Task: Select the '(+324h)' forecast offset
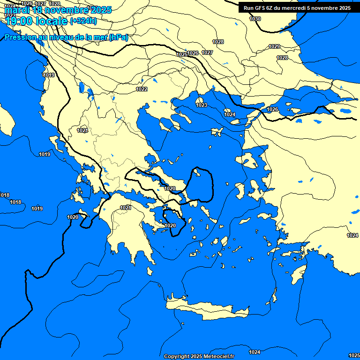(x=83, y=21)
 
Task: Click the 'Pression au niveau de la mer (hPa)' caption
(x=66, y=37)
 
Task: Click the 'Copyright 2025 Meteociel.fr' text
(x=199, y=356)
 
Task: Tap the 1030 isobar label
(x=255, y=19)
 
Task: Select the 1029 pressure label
(x=274, y=46)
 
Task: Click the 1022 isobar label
(x=142, y=89)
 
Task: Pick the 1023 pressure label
(x=202, y=105)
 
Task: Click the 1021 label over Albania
(x=82, y=130)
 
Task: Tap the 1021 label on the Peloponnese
(x=125, y=208)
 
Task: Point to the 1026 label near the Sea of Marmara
(x=272, y=109)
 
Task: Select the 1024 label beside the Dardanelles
(x=230, y=114)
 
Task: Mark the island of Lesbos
(x=250, y=161)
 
